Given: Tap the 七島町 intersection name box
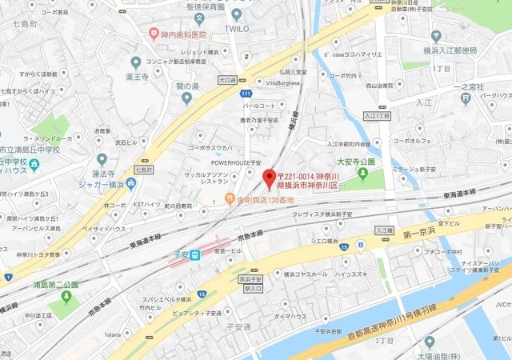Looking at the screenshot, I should coord(142,170).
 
